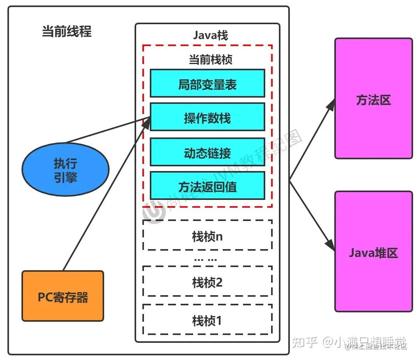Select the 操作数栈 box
(x=207, y=117)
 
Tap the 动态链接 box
(x=207, y=152)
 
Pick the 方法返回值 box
(x=207, y=185)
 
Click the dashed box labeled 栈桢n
(x=207, y=235)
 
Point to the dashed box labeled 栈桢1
(x=207, y=320)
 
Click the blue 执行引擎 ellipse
(x=66, y=170)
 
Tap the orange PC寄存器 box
(x=63, y=296)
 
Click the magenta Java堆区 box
(x=373, y=251)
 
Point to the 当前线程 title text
(x=67, y=32)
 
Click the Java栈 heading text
(x=210, y=35)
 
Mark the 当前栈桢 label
(x=210, y=59)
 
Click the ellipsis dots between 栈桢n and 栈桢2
(x=205, y=259)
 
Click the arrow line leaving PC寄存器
(x=101, y=203)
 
